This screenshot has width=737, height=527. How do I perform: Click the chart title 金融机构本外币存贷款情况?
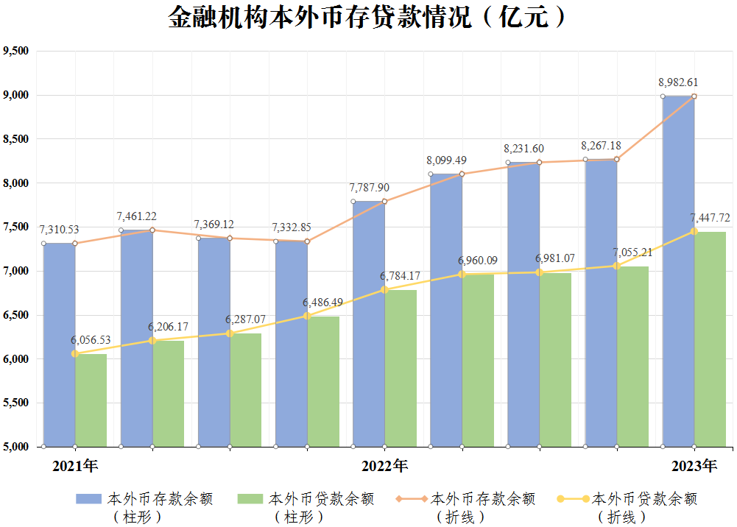click(x=320, y=18)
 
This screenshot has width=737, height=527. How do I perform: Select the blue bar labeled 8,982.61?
click(x=678, y=272)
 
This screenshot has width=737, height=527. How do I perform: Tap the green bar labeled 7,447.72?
click(x=710, y=339)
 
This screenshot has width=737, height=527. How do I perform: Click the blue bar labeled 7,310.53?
click(x=59, y=344)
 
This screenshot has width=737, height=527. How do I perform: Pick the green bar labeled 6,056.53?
click(x=91, y=400)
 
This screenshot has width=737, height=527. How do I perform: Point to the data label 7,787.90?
click(x=369, y=188)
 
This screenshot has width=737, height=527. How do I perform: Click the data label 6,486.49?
click(x=322, y=303)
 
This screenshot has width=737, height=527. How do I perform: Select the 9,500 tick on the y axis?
click(x=16, y=51)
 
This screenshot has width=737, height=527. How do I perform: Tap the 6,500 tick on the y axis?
click(x=16, y=315)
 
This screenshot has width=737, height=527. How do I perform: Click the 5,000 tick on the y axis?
click(x=16, y=447)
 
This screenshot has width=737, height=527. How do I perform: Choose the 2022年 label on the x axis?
click(x=384, y=466)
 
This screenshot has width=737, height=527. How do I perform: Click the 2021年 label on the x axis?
click(x=75, y=466)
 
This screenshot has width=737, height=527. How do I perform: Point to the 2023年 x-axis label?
click(x=694, y=466)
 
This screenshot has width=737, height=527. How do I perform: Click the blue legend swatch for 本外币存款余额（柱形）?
click(x=89, y=499)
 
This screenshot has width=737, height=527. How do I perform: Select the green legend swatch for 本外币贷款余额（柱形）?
click(x=250, y=499)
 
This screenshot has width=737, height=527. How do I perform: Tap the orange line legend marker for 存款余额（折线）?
click(x=412, y=499)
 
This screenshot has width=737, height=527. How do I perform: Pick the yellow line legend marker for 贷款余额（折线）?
click(x=573, y=499)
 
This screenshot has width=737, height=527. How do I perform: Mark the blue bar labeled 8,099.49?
click(x=446, y=311)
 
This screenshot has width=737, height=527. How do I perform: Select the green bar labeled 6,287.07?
click(x=245, y=390)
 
